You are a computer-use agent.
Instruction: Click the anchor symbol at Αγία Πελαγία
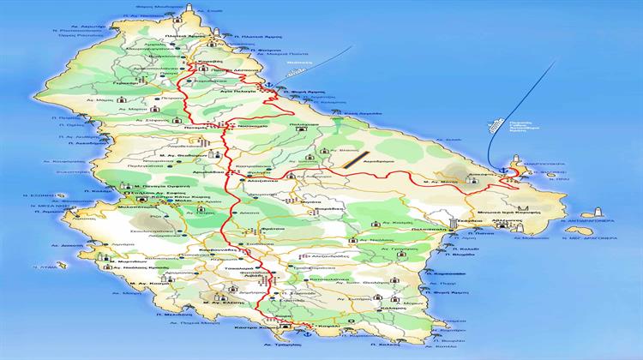pyautogui.click(x=268, y=84)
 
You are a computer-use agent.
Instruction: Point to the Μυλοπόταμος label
pyautogui.click(x=134, y=207)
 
